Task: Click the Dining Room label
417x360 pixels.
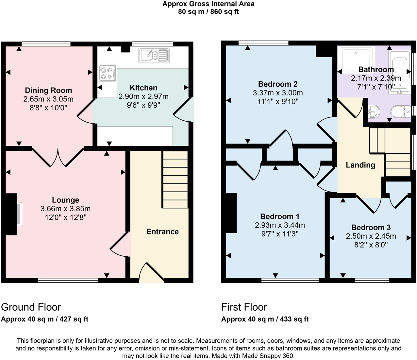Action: pos(48,90)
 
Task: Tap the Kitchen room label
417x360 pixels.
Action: pos(143,88)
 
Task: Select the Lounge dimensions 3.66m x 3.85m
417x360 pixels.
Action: pos(65,209)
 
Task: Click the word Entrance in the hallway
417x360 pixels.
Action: pos(162,231)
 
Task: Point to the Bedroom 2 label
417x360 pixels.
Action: pos(278,84)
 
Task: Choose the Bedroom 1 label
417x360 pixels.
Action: pos(280,216)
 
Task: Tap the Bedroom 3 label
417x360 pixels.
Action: pos(371,227)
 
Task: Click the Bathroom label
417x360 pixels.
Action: pos(376,69)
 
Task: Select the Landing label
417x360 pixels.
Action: pos(360,165)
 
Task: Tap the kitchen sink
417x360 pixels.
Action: pos(154,55)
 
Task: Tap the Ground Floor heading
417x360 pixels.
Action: pos(31,307)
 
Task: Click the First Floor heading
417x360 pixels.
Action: pos(244,307)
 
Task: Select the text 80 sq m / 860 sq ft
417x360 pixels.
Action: pos(208,12)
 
